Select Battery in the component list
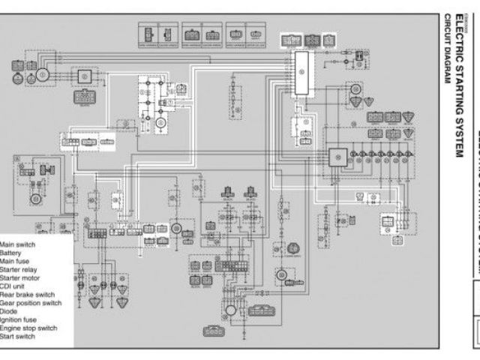(x=10, y=253)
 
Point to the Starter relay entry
(x=18, y=269)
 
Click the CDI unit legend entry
(x=12, y=286)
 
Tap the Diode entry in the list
(x=8, y=310)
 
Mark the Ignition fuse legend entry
(x=18, y=319)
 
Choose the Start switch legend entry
(x=17, y=335)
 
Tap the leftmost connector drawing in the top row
(x=147, y=34)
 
